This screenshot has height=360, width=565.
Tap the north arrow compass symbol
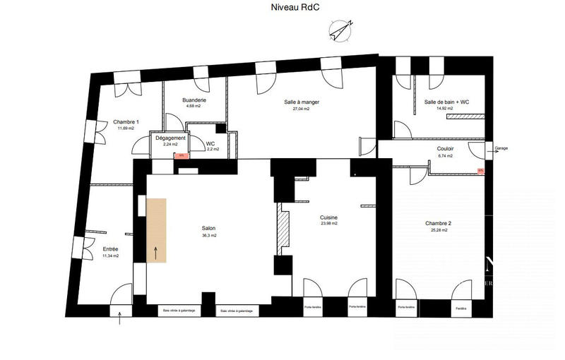point(340,30)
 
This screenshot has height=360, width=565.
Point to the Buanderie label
point(194,100)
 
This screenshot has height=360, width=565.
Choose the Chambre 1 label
point(126,121)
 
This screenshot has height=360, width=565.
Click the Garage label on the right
point(501,149)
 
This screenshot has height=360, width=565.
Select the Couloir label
point(445,149)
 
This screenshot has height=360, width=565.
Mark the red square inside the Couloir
point(480,170)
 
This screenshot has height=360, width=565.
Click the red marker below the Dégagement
point(182,155)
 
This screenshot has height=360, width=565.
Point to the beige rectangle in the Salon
point(156,230)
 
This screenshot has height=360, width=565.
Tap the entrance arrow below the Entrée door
point(121,320)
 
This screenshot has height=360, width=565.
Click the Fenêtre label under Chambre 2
point(461,308)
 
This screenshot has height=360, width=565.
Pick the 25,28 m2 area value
point(439,230)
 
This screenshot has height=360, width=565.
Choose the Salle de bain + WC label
point(446,102)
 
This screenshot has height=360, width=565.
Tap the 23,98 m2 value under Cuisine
point(328,224)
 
